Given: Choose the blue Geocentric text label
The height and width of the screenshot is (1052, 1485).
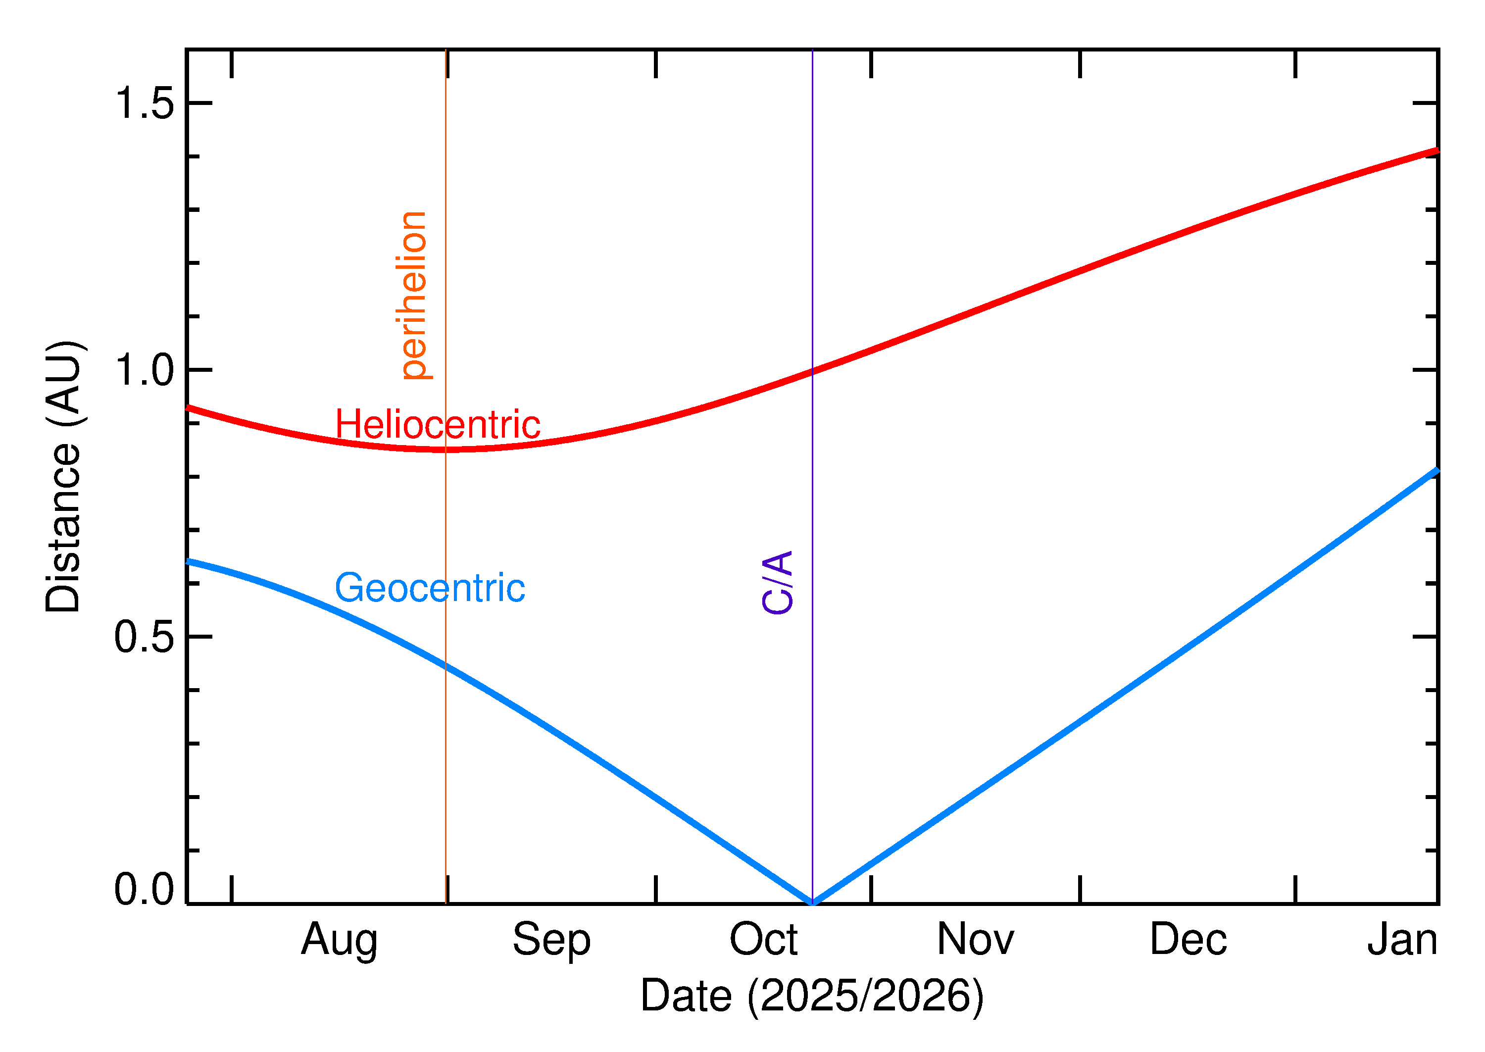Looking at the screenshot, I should (x=429, y=588).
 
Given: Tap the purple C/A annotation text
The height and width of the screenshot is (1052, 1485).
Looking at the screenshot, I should (x=777, y=582).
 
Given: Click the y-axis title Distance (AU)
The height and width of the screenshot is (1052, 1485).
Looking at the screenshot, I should (x=63, y=477).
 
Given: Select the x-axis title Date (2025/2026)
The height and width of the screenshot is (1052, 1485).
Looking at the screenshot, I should (x=811, y=996).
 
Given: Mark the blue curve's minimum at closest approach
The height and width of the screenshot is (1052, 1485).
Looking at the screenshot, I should (x=812, y=902).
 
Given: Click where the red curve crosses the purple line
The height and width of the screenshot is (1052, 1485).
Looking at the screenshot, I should (x=812, y=372).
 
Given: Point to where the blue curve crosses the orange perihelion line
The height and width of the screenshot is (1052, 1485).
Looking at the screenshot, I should (x=445, y=665).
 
